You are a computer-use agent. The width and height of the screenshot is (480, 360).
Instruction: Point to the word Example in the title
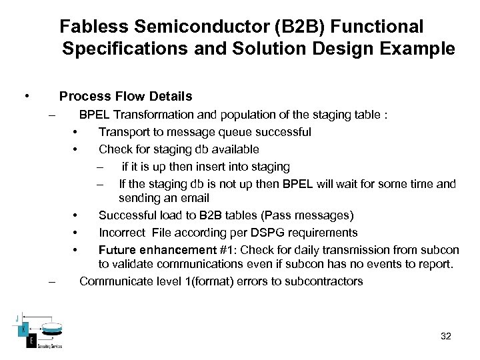click(x=423, y=49)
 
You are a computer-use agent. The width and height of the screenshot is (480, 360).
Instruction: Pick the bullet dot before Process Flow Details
click(x=26, y=97)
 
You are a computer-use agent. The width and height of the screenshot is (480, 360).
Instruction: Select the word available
click(x=235, y=149)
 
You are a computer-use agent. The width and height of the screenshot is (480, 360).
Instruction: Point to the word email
click(x=193, y=198)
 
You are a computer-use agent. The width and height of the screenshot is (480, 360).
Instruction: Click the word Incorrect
click(x=122, y=233)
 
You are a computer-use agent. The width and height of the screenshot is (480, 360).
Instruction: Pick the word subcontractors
click(x=323, y=281)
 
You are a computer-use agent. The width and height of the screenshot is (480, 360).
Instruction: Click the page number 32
click(x=446, y=336)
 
